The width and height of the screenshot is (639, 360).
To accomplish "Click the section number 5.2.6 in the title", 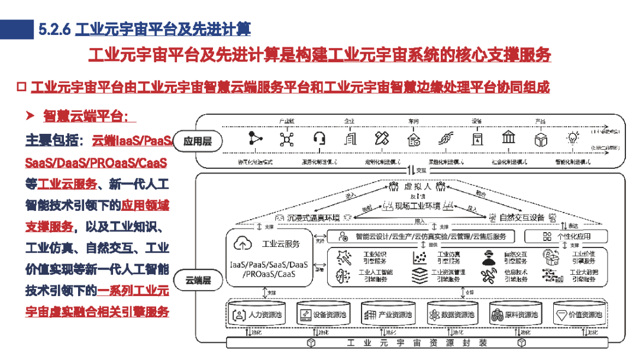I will [54, 28].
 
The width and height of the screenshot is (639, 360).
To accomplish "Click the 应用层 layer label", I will [198, 142].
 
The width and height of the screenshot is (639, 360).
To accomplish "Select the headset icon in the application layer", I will [319, 139].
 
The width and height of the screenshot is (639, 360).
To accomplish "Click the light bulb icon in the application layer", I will [572, 139].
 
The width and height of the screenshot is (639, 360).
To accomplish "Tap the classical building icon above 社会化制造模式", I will [508, 139].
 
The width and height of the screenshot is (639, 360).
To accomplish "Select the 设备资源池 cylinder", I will [322, 314].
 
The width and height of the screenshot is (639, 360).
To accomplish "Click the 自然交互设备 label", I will [521, 217].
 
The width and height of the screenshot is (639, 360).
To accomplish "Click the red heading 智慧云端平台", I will [85, 115].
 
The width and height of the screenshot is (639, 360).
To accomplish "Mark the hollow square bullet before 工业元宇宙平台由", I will [21, 88].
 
